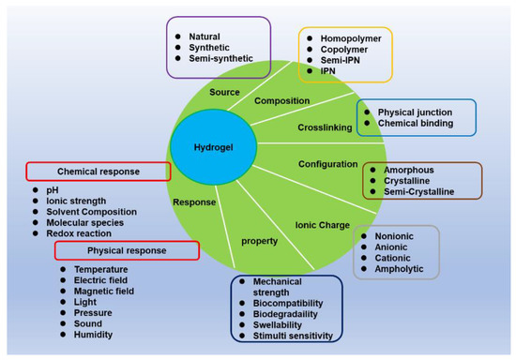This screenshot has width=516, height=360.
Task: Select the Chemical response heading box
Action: coord(98,172)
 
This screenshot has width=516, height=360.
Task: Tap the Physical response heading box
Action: coord(127,250)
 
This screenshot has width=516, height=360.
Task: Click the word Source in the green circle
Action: coord(224,93)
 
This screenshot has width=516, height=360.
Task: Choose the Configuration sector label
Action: coord(327,163)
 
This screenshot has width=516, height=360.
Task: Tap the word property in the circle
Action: coord(258,241)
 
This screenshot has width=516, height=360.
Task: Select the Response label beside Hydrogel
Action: coord(194,202)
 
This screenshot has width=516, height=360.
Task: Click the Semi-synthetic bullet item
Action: coord(216,57)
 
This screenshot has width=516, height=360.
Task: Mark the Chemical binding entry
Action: coord(415,123)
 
